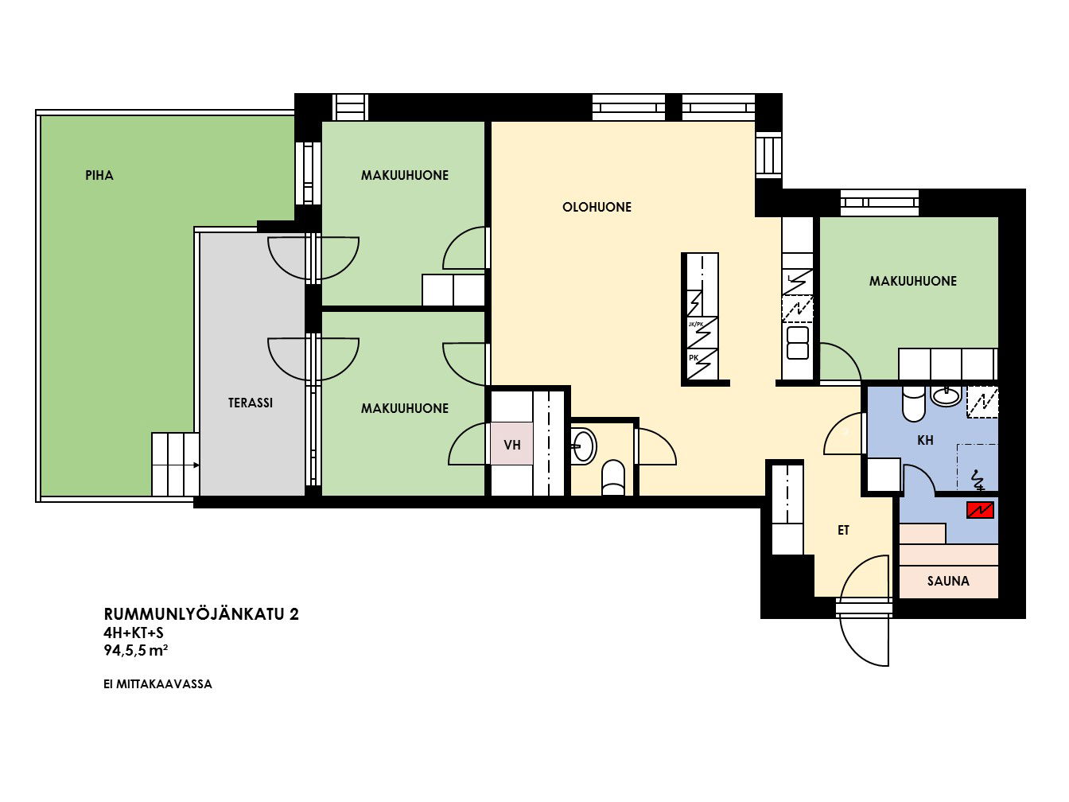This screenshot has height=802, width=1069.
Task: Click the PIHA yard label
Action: point(99,175)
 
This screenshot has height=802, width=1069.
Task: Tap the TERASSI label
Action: point(251,403)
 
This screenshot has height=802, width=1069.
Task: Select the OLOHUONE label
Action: point(597,207)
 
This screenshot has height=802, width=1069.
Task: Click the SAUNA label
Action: point(948,581)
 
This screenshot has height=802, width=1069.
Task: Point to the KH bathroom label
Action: point(925,440)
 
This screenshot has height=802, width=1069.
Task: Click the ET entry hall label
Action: point(843,530)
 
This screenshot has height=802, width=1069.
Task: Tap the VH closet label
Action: point(512,445)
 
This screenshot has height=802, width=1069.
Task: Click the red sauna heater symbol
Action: point(980,510)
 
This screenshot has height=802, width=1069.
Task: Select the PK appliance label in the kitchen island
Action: point(694,358)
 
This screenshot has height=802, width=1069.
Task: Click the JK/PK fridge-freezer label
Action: point(695,325)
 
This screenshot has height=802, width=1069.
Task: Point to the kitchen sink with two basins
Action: point(797,343)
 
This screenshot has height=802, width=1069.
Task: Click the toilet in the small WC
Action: point(613,477)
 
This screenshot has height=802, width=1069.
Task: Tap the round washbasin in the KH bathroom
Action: point(946,395)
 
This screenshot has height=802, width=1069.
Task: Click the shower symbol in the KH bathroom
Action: point(978,480)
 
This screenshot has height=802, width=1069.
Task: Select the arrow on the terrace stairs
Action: point(196,465)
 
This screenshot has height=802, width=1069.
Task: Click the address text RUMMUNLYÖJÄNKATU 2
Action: point(201,614)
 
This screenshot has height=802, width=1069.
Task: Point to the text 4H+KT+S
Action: point(134,633)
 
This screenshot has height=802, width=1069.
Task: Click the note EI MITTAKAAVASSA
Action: point(157,684)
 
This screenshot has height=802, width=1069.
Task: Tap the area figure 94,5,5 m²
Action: point(136,650)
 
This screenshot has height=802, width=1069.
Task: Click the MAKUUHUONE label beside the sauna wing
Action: point(912,281)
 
